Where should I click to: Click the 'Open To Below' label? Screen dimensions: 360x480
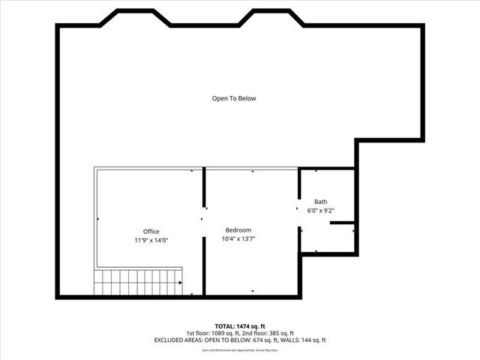[x=238, y=98]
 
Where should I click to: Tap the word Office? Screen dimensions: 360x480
[x=151, y=231]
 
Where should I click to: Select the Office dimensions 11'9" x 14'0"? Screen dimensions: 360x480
[x=151, y=240]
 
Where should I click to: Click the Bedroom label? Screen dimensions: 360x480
[x=238, y=229]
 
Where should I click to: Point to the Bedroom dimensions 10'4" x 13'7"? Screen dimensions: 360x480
[x=238, y=239]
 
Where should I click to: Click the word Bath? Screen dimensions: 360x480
[x=320, y=202]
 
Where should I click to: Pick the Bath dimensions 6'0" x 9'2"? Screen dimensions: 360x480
[x=320, y=211]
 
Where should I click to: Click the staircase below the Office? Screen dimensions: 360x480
[x=137, y=282]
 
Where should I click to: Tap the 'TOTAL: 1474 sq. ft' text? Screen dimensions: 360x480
[x=239, y=326]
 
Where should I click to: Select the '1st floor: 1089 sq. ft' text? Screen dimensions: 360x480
[x=211, y=333]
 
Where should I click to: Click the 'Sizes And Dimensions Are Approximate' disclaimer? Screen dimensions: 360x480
[x=239, y=349]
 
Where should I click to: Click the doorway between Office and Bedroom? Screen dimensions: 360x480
[x=203, y=219]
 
